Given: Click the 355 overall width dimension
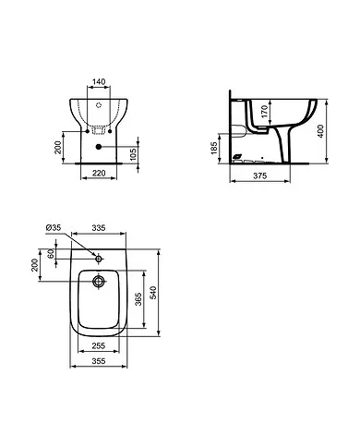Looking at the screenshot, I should [102, 363].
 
